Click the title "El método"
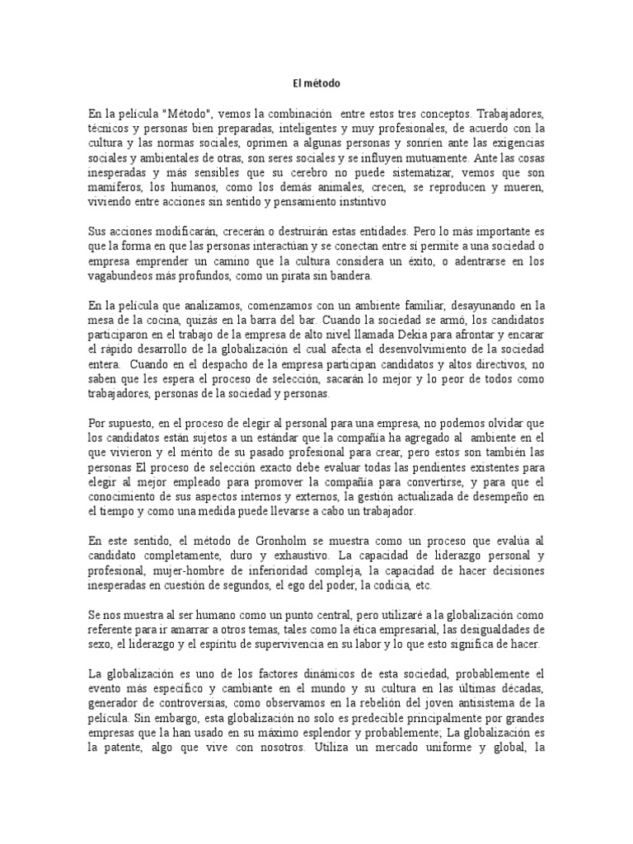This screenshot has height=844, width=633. tap(316, 83)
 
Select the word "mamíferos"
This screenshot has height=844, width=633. tap(114, 189)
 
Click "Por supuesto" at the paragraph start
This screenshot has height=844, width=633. tap(118, 423)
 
